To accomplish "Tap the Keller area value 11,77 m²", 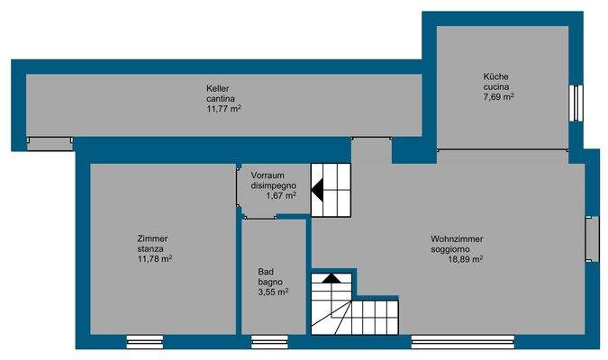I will [x=223, y=109].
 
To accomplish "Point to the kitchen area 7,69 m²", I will [x=498, y=96].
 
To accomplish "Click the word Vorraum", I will [x=268, y=175].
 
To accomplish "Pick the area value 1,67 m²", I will [x=281, y=195].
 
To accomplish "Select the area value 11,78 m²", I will [x=154, y=259].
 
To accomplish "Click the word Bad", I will [x=265, y=271].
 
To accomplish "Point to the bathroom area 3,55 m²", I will [x=273, y=292].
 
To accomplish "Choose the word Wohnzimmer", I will [x=457, y=238].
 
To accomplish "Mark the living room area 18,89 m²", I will [x=466, y=259].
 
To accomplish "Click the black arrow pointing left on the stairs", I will [x=318, y=190].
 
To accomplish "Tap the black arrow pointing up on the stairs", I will [x=331, y=278].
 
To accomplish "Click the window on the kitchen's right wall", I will [x=576, y=102].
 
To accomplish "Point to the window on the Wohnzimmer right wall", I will [x=592, y=238].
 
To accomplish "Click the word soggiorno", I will [x=457, y=248].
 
